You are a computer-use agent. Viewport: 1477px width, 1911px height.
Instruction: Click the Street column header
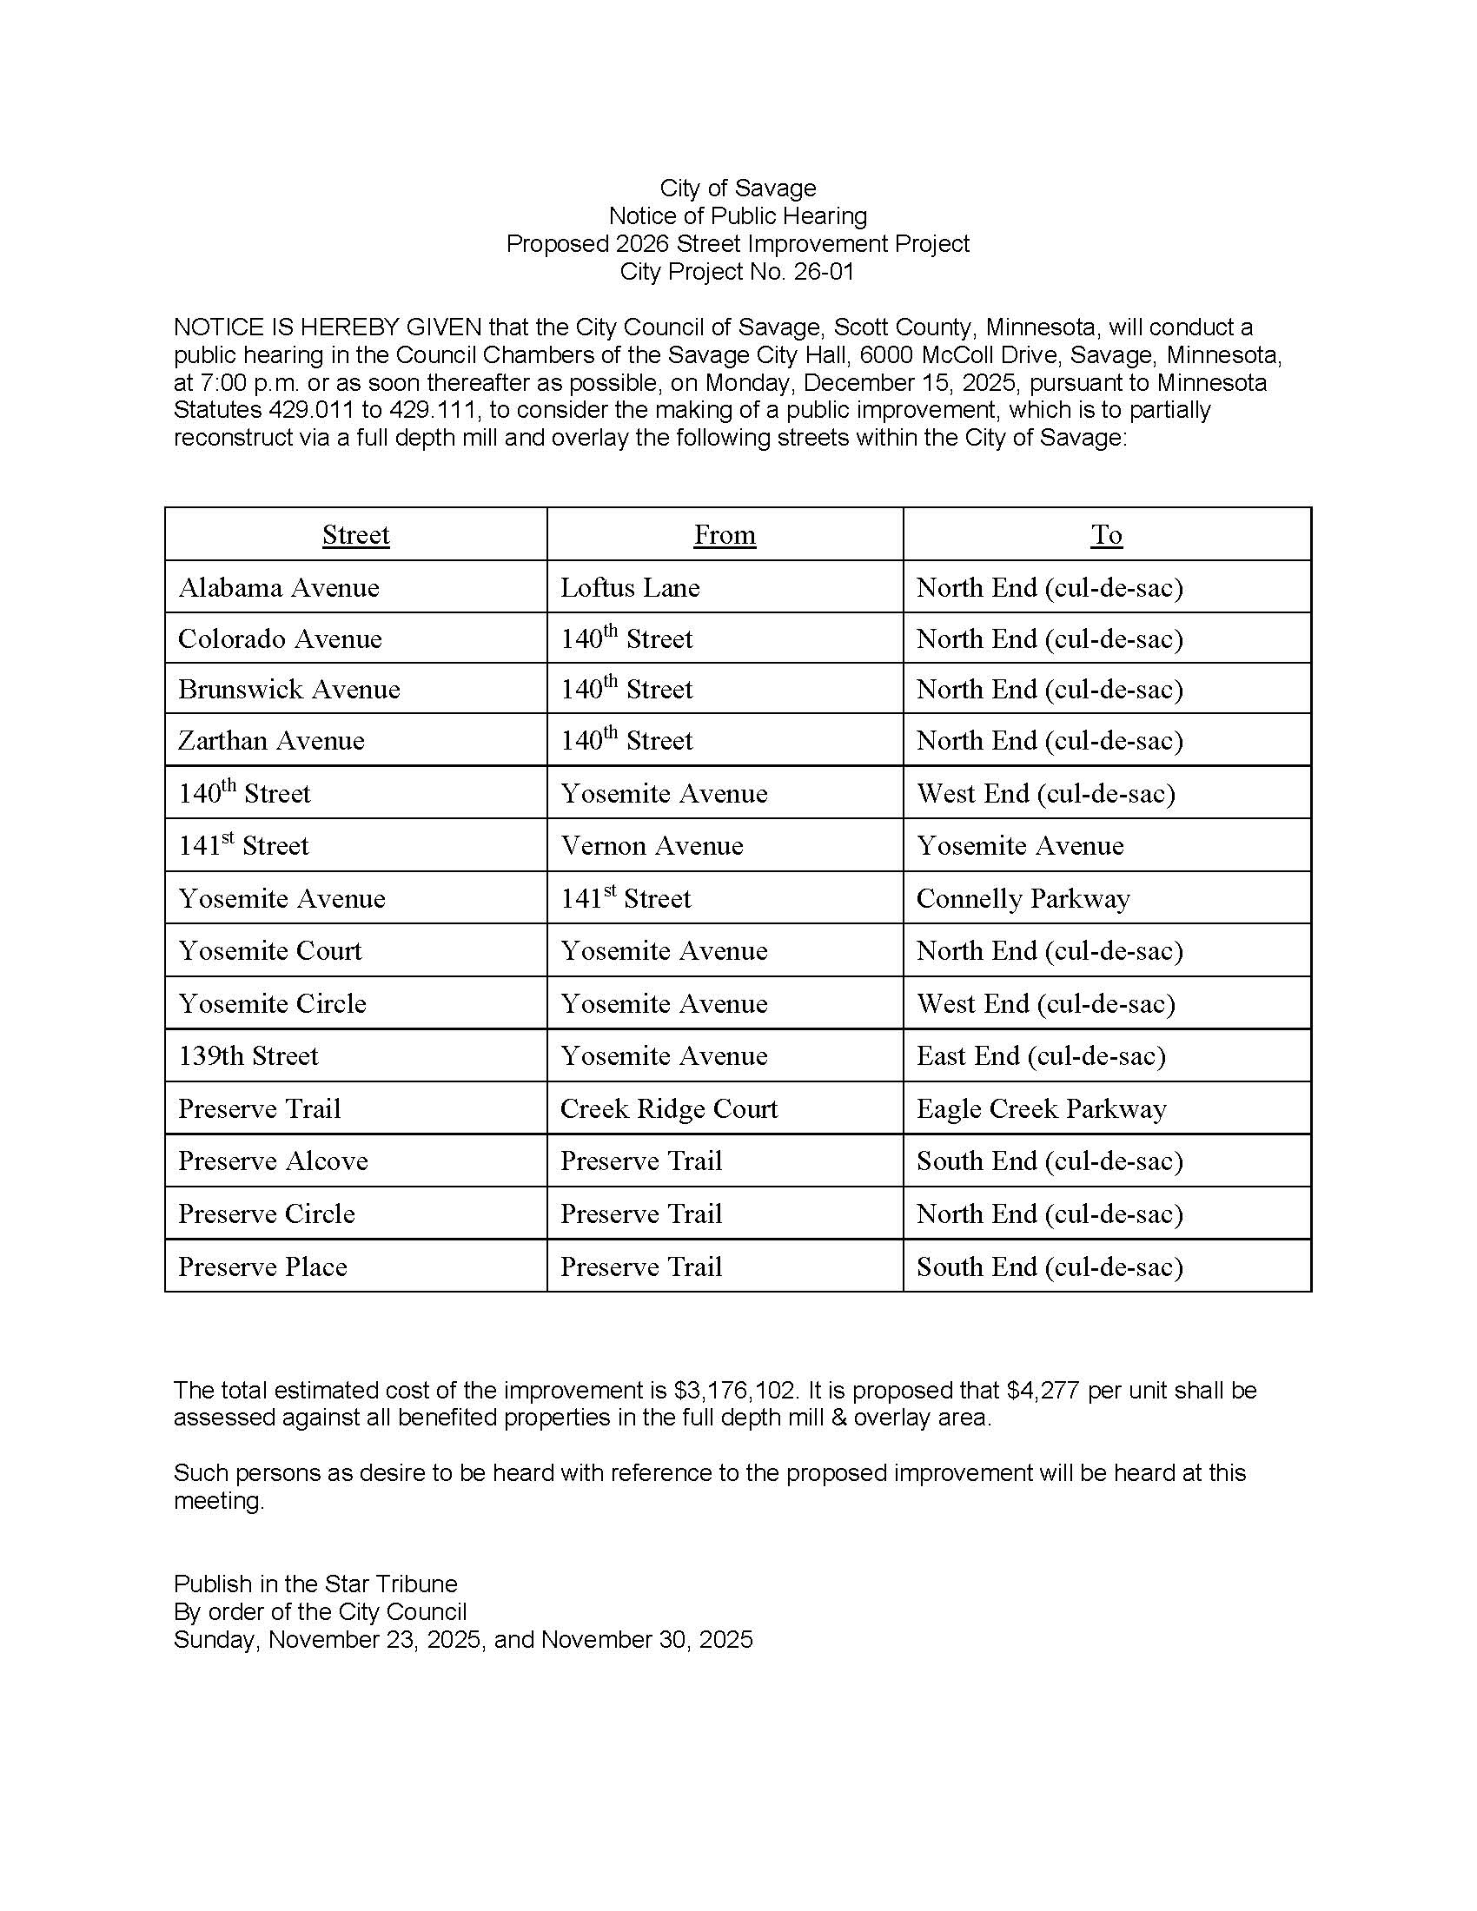pos(355,534)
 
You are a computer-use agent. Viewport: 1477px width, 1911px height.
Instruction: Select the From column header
pos(725,534)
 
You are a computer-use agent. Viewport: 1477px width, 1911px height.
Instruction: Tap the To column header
pos(1106,534)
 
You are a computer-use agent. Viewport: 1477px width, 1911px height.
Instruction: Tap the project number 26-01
pos(824,272)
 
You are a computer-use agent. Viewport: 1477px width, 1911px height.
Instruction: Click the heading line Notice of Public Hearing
pos(738,216)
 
